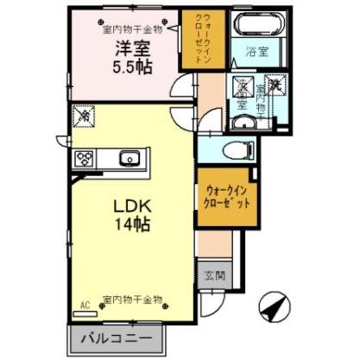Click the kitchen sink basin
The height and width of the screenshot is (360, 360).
[x=129, y=157]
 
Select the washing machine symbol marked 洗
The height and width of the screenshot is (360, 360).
[x=278, y=85]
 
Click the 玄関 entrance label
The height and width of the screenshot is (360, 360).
[x=214, y=277]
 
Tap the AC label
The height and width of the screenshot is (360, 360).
[x=85, y=305]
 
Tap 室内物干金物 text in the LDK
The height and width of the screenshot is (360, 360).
[x=132, y=300]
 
